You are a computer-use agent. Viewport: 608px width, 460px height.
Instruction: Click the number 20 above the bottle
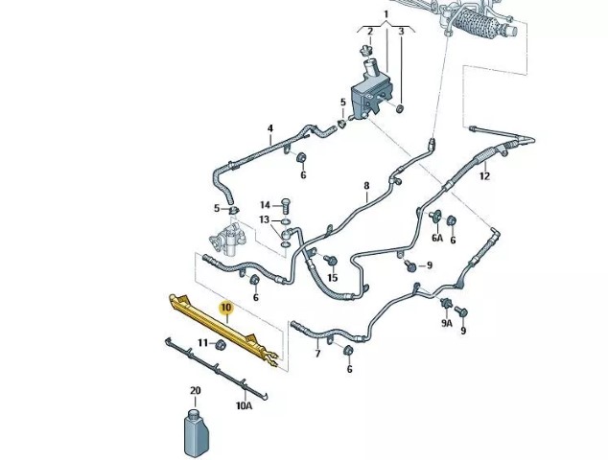[x=196, y=391]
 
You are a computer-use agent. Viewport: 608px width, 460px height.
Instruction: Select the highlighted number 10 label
[x=226, y=308]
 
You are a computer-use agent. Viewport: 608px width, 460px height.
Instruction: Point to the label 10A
[x=244, y=405]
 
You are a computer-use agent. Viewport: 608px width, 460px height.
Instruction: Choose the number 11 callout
[x=203, y=342]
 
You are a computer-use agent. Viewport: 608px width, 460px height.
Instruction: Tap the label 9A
[x=446, y=324]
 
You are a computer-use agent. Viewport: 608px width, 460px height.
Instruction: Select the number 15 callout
[x=333, y=278]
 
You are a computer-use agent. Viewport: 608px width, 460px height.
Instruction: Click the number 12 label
[x=484, y=176]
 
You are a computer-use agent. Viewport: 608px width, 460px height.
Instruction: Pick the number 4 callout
[x=270, y=128]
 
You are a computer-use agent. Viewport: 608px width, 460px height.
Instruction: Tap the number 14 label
[x=265, y=204]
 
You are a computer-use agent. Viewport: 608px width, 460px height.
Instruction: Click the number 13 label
[x=265, y=220]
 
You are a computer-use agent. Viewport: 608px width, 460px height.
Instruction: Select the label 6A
[x=437, y=238]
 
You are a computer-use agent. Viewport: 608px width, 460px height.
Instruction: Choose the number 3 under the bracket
[x=401, y=31]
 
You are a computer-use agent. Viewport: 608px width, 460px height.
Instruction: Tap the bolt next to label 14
[x=285, y=203]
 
